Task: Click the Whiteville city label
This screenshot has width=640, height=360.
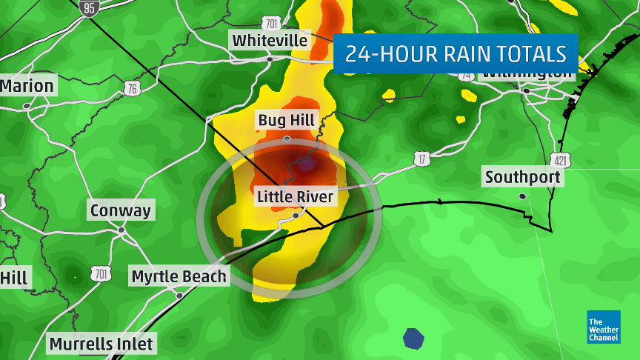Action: pyautogui.click(x=269, y=40)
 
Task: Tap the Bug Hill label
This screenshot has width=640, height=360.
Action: pyautogui.click(x=286, y=120)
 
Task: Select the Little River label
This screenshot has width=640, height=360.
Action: pyautogui.click(x=296, y=197)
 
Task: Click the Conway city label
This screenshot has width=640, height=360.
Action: pyautogui.click(x=120, y=210)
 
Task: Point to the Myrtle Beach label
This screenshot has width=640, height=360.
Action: pyautogui.click(x=179, y=277)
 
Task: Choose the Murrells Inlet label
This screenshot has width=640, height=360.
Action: pyautogui.click(x=101, y=344)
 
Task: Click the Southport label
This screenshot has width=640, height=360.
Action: pyautogui.click(x=523, y=178)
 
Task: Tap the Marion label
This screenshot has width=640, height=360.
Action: pyautogui.click(x=27, y=86)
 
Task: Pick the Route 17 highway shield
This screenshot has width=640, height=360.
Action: pyautogui.click(x=421, y=158)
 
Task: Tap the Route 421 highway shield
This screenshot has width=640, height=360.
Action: pyautogui.click(x=559, y=159)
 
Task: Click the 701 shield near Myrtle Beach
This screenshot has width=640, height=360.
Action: pyautogui.click(x=101, y=274)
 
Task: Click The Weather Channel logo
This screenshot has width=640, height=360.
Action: pyautogui.click(x=604, y=327)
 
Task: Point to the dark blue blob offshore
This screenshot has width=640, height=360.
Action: pyautogui.click(x=414, y=339)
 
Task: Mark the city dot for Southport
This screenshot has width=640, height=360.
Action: pyautogui.click(x=523, y=196)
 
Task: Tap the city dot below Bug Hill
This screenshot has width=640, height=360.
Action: pyautogui.click(x=287, y=139)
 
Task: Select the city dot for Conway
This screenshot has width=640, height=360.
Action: pyautogui.click(x=121, y=230)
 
